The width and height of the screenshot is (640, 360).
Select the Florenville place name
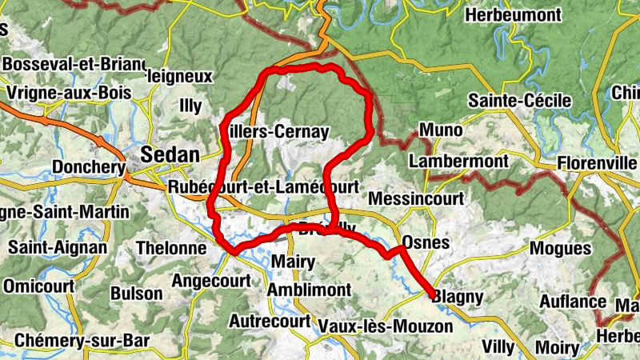click(x=597, y=162)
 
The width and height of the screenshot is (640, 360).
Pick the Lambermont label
click(x=458, y=162)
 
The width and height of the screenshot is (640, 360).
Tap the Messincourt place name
click(x=415, y=198)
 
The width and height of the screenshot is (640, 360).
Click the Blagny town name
click(x=459, y=298)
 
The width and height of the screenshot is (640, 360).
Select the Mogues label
click(x=560, y=249)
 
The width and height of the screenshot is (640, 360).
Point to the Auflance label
click(x=572, y=302)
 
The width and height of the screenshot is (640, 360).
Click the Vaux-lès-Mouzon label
click(x=386, y=326)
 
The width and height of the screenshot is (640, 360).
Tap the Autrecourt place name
click(x=270, y=321)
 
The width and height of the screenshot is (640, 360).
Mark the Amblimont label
click(x=310, y=289)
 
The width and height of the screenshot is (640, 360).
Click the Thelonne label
click(x=171, y=248)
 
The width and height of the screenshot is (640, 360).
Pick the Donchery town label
click(x=88, y=167)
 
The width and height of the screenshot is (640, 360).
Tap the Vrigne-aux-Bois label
click(x=69, y=93)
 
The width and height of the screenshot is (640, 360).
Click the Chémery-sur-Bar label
click(x=82, y=340)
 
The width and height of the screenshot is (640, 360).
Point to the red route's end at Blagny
click(x=432, y=295)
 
